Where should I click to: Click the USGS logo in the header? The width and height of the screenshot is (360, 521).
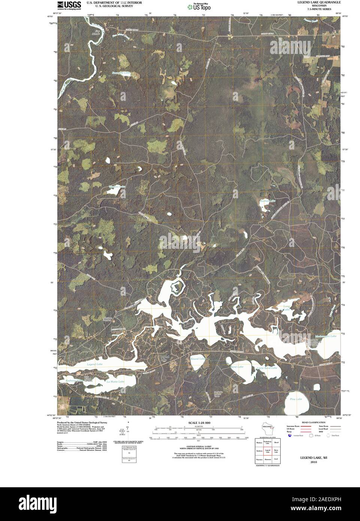click(69, 4)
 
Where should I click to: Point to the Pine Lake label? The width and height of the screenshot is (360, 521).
click(296, 399)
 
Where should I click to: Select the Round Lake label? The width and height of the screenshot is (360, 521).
click(198, 359)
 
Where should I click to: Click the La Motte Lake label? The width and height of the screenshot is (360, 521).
click(115, 382)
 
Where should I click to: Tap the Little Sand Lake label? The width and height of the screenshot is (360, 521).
click(267, 368)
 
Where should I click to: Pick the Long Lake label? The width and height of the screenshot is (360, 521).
click(287, 308)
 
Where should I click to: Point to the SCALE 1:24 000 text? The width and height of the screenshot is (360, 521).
click(197, 423)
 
